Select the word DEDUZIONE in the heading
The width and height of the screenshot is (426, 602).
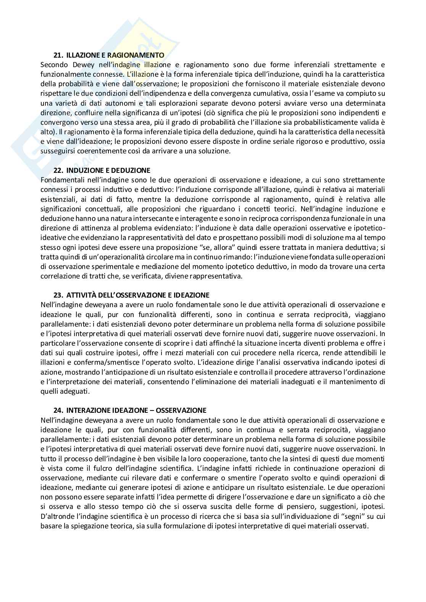[x=132, y=170]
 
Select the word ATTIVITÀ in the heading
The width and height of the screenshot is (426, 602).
[x=81, y=295]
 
